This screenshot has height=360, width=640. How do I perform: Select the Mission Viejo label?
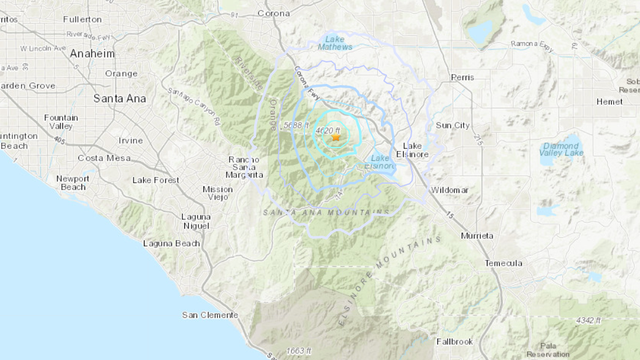tap(217, 194)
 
